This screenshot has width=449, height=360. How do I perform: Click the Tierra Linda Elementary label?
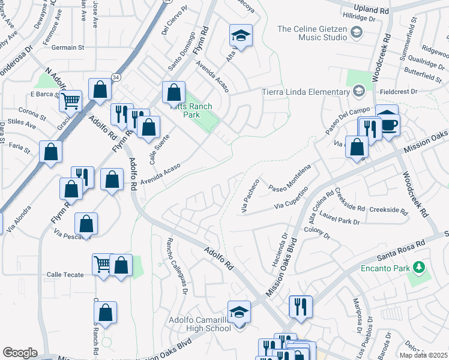pyautogui.click(x=306, y=92)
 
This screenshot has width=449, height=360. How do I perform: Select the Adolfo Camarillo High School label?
pyautogui.click(x=200, y=323)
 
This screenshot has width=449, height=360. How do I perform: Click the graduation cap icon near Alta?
pyautogui.click(x=241, y=35)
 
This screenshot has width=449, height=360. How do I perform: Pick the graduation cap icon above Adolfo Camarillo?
pyautogui.click(x=239, y=311)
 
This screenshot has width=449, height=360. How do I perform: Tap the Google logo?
pyautogui.click(x=20, y=353)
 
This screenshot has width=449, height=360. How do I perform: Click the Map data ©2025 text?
pyautogui.click(x=423, y=355)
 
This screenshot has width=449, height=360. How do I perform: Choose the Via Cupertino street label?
pyautogui.click(x=291, y=199)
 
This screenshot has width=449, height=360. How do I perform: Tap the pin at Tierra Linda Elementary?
pyautogui.click(x=359, y=91)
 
